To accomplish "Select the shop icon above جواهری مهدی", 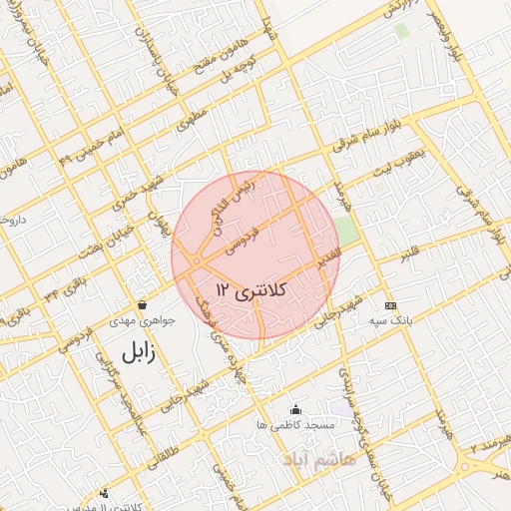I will click(x=143, y=304).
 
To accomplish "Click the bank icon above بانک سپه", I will click(x=390, y=304).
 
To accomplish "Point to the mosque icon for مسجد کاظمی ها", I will click(x=295, y=409).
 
